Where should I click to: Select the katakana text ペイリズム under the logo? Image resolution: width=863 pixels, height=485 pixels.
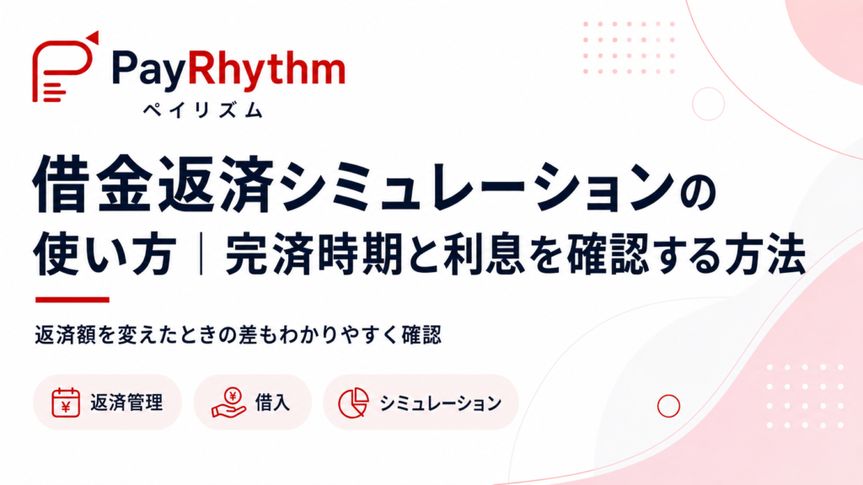pyautogui.click(x=203, y=110)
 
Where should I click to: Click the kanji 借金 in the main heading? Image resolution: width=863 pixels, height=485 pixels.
pyautogui.click(x=91, y=183)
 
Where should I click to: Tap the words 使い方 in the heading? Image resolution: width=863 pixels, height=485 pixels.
pyautogui.click(x=105, y=255)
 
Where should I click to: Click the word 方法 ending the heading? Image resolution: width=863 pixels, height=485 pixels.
pyautogui.click(x=764, y=255)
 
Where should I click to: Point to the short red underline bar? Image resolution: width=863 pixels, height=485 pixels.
pyautogui.click(x=72, y=300)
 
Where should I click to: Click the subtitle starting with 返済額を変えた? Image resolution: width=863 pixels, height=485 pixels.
pyautogui.click(x=238, y=335)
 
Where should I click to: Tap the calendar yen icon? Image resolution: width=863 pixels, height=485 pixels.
pyautogui.click(x=66, y=402)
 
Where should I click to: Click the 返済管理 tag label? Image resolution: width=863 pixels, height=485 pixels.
pyautogui.click(x=126, y=403)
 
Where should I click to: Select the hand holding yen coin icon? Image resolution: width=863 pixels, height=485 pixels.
pyautogui.click(x=228, y=402)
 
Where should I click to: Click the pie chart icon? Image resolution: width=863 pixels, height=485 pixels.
pyautogui.click(x=353, y=403)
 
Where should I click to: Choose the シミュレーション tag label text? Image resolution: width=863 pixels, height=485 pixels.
pyautogui.click(x=440, y=403)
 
